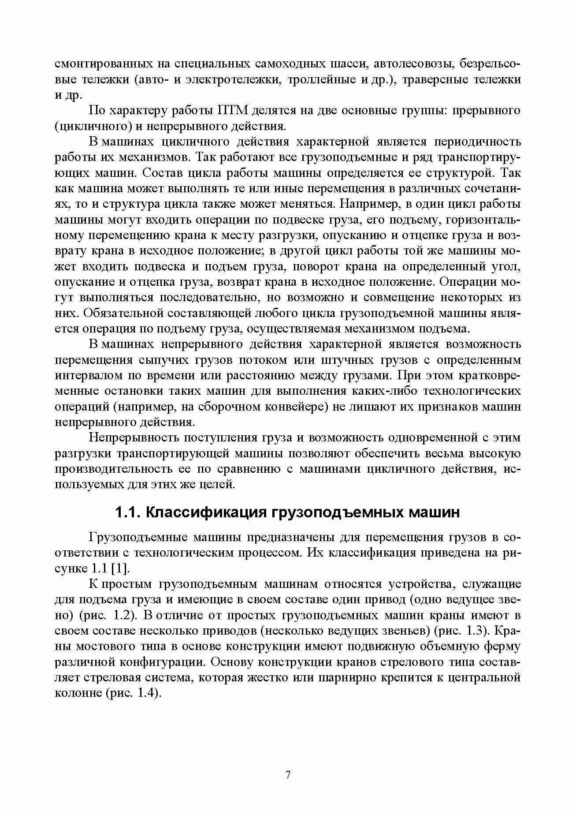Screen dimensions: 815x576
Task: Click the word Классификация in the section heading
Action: click(204, 512)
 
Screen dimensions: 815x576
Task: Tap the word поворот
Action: click(339, 267)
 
